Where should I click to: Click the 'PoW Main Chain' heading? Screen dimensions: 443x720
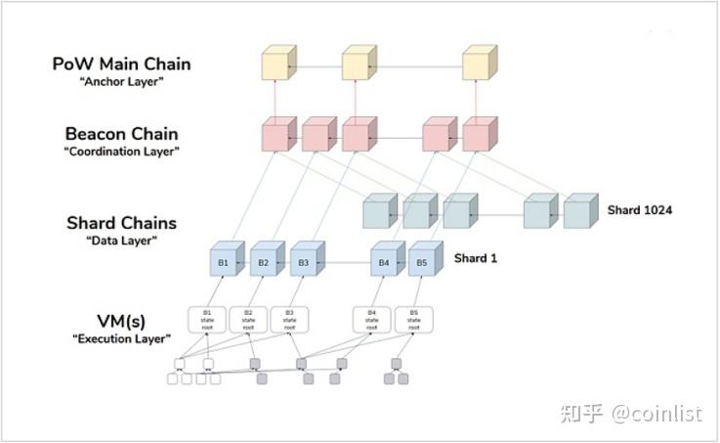[x=121, y=64]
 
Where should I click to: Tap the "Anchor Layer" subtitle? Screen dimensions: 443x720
[x=121, y=82]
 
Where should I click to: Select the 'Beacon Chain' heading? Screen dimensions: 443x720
[x=121, y=133]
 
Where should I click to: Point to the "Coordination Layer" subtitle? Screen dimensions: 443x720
[x=121, y=152]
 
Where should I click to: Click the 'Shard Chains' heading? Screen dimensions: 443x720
[x=121, y=223]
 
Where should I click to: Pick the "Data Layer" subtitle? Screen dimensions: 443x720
[x=121, y=242]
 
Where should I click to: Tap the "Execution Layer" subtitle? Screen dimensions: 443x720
[x=121, y=338]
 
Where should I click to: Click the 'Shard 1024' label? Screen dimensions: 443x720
[x=641, y=210]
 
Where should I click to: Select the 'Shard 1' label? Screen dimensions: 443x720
[x=477, y=258]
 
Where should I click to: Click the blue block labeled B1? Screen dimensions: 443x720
[x=224, y=263]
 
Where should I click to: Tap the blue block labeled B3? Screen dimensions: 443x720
[x=304, y=263]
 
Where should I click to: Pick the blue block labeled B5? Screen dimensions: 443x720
[x=422, y=263]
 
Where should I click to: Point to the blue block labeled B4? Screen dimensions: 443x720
[x=384, y=263]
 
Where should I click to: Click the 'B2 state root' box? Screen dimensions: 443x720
[x=248, y=320]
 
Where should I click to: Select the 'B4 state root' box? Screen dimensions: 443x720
[x=372, y=320]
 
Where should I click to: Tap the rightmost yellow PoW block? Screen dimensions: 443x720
[x=478, y=65]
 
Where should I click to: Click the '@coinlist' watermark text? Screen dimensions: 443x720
[x=656, y=414]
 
